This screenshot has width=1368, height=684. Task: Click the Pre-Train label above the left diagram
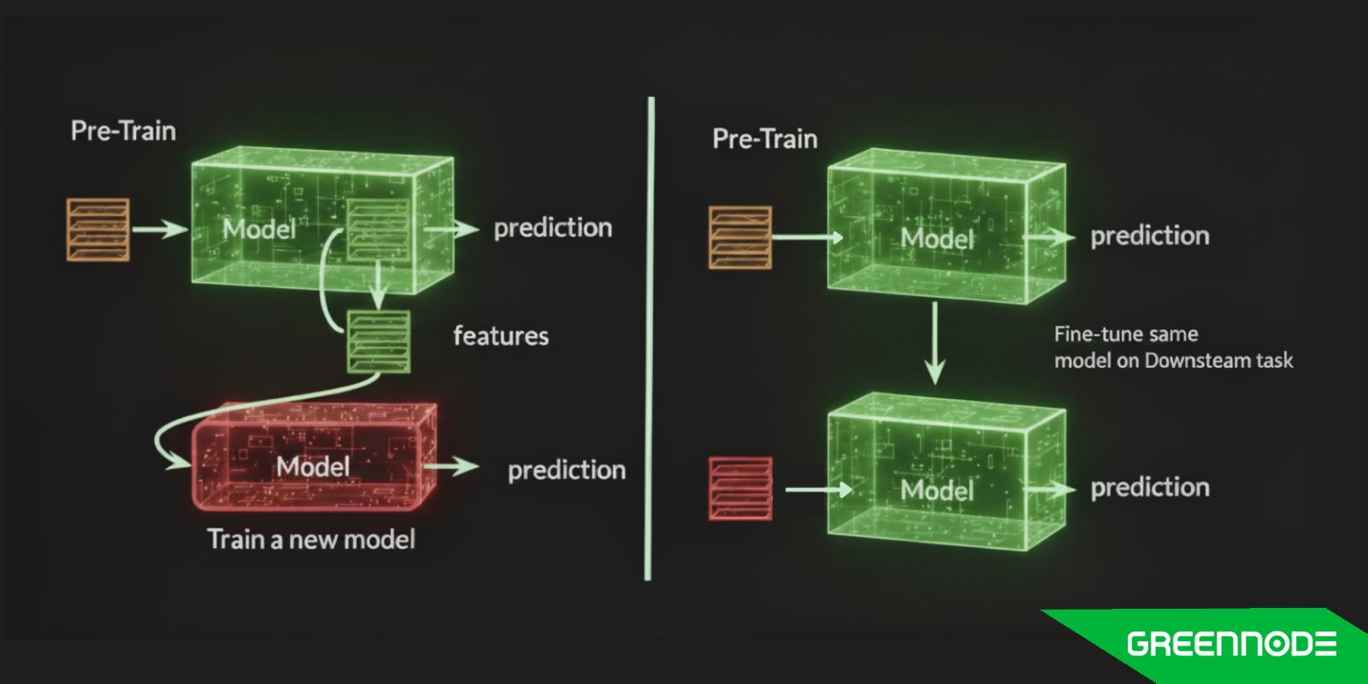tap(123, 131)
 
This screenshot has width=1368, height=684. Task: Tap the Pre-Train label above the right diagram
tap(764, 139)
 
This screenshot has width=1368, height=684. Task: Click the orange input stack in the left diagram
tap(98, 229)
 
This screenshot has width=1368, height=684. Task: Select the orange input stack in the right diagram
tap(740, 238)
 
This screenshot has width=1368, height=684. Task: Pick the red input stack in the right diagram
tap(740, 489)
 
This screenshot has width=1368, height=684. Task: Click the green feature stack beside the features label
tap(379, 342)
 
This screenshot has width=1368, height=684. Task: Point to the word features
tap(501, 336)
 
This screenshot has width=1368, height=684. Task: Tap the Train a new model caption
tap(311, 540)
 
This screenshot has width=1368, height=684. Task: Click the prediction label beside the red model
tap(566, 470)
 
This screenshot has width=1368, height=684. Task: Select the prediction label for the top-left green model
tap(552, 227)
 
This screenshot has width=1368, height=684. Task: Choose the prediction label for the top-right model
tap(1149, 236)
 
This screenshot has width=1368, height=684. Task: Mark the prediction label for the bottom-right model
tap(1149, 487)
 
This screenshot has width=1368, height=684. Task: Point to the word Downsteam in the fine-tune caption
tap(1197, 361)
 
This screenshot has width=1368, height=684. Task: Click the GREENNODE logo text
tap(1231, 644)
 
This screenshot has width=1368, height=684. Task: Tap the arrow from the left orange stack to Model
tap(159, 229)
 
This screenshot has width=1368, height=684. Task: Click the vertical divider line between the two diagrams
tap(650, 342)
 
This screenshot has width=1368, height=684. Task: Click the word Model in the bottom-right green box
tap(937, 490)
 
